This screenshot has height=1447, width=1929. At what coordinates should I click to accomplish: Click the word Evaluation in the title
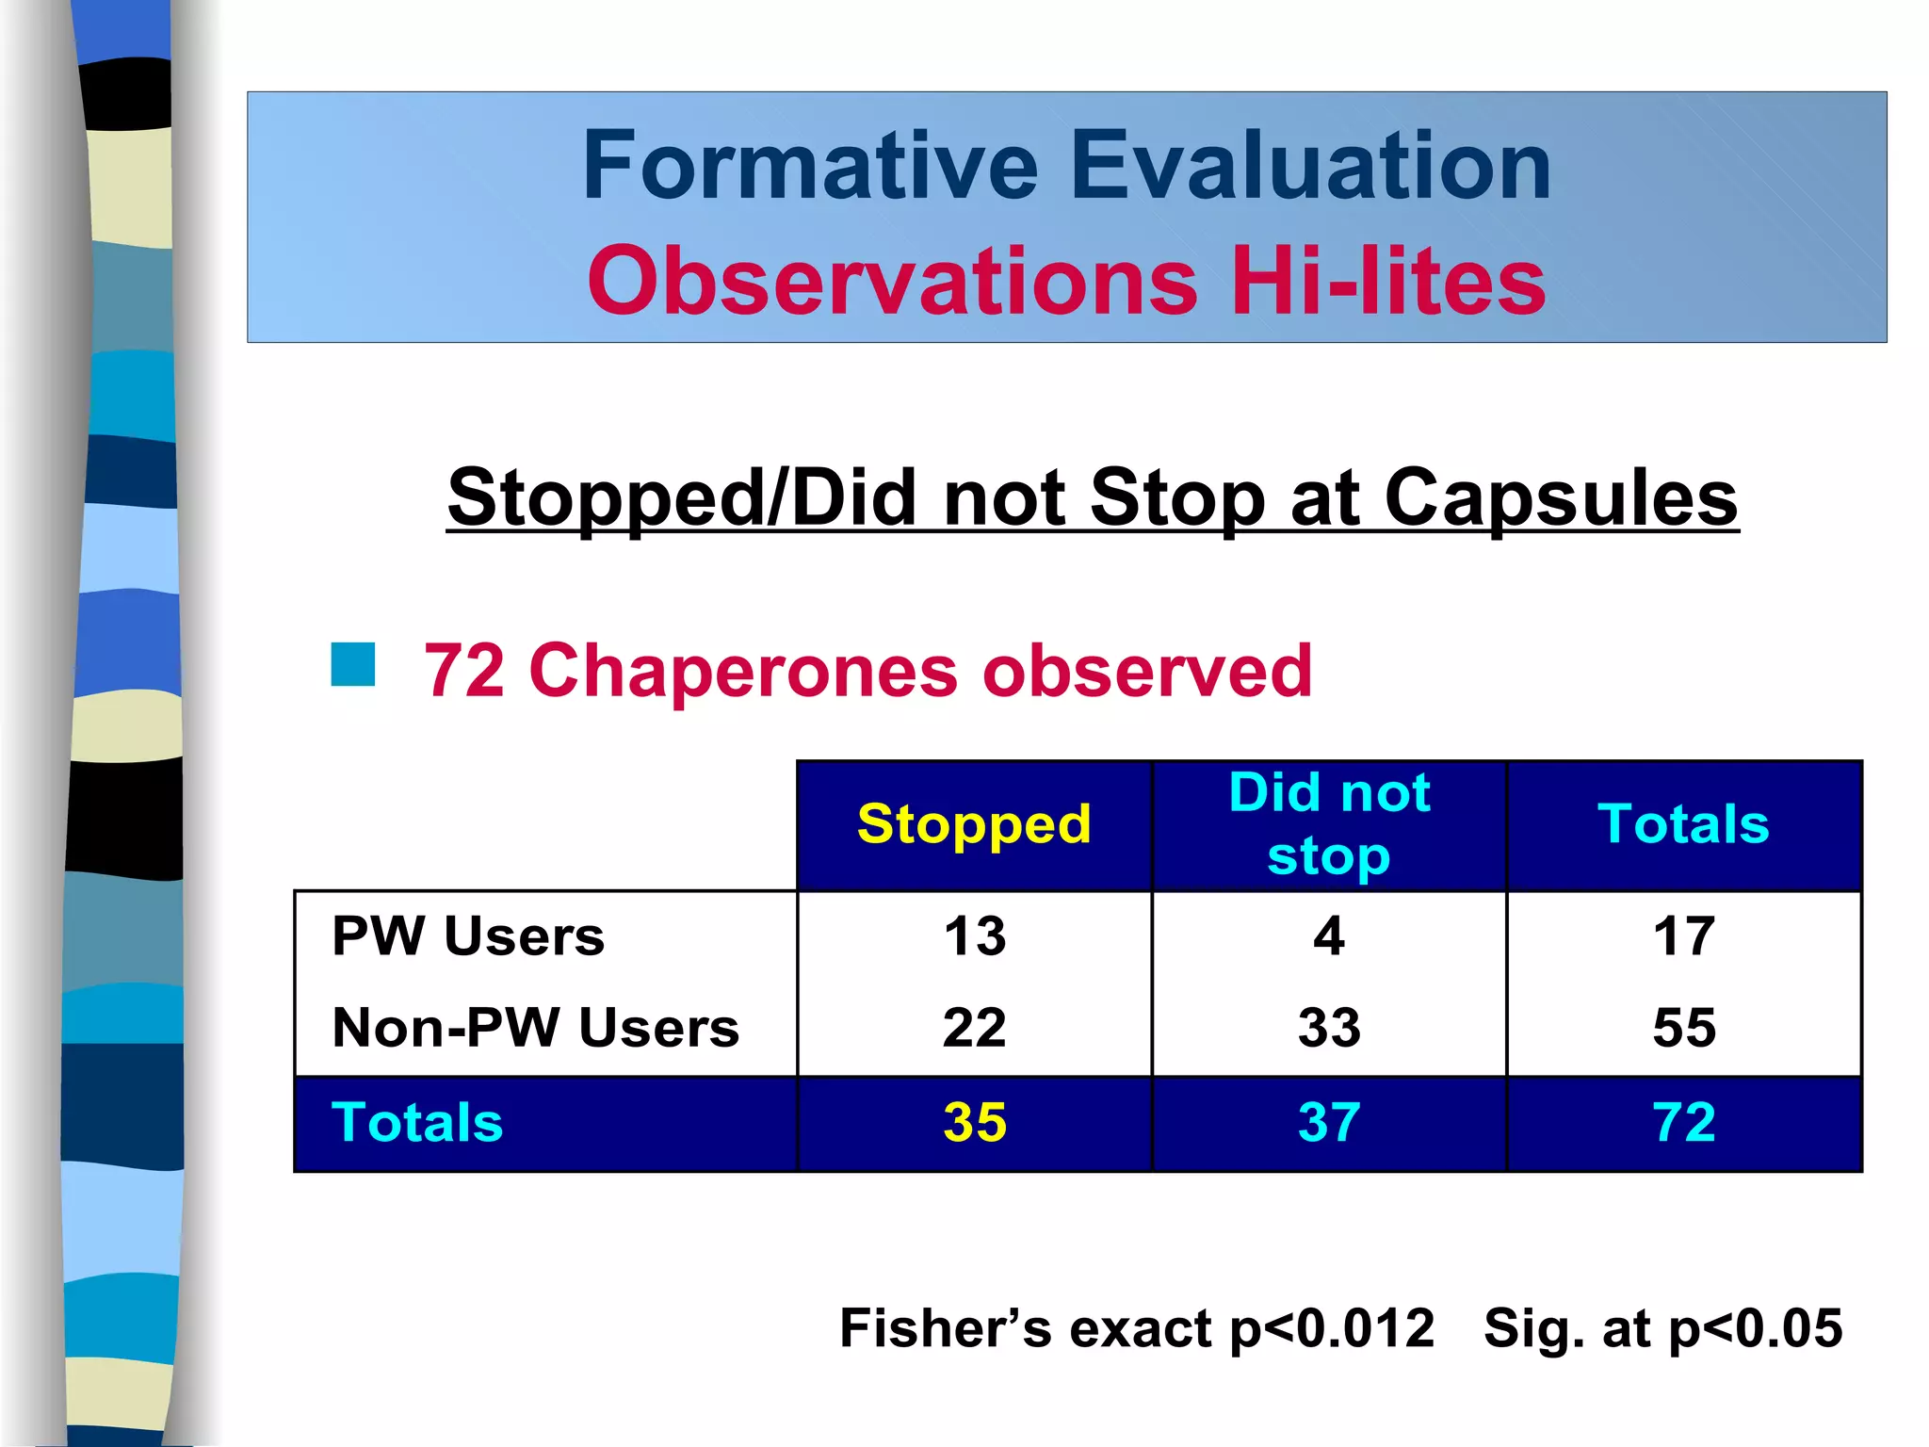coord(1310,167)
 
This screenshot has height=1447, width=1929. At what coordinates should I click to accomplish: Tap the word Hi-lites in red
coord(1388,281)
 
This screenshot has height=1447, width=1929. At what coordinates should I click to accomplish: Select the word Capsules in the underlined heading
coord(1561,497)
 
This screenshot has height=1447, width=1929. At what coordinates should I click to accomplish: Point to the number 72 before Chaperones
coord(464,671)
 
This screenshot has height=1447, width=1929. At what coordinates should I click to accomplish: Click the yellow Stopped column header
coord(974,824)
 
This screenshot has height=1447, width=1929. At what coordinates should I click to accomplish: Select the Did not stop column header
coord(1329,824)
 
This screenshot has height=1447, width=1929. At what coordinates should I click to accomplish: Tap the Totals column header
coord(1683,824)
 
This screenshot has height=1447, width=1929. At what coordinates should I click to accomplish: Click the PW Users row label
coord(468,936)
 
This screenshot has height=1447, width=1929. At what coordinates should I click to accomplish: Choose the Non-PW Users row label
coord(536,1027)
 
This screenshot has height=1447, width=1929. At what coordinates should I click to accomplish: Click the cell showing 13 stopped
coord(975,936)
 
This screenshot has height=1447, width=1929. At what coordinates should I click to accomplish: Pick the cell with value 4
coord(1329,936)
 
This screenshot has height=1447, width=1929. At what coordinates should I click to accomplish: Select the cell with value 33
coord(1329,1027)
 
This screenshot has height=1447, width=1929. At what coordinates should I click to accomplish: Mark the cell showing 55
coord(1684,1027)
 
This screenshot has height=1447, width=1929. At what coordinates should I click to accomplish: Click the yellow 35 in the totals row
coord(975,1122)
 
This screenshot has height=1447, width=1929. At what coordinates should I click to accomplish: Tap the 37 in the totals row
coord(1329,1122)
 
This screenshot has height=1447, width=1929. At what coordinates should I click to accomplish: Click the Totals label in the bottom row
coord(417,1122)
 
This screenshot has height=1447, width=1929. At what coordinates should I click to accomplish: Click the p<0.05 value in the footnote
coord(1755,1329)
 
